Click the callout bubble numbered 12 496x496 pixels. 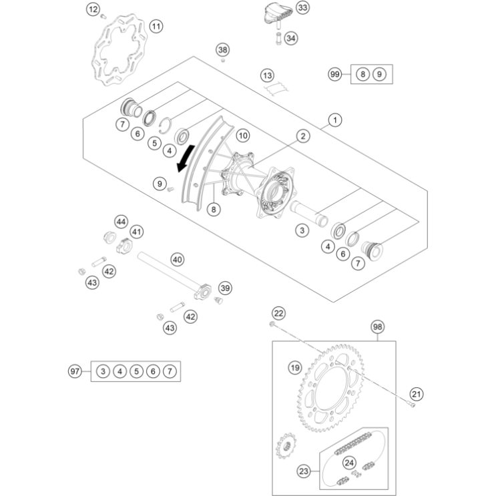coord(93,9)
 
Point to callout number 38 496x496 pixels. coord(222,50)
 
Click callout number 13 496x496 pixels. coord(267,75)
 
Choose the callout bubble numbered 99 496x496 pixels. coord(336,75)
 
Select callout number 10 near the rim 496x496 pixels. coord(242,136)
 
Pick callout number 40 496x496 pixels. coord(177,259)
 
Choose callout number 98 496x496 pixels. coord(378,327)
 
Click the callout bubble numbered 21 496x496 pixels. coord(417,394)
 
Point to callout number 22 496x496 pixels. coord(278,312)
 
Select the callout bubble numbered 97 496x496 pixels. coord(75,370)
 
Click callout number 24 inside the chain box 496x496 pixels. coord(349,462)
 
